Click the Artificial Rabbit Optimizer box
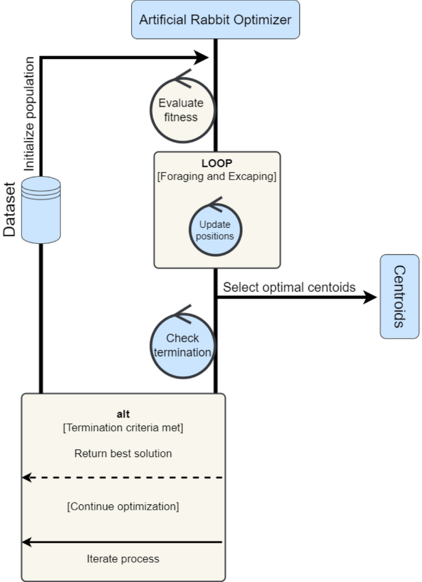click(x=215, y=19)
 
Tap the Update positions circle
click(x=215, y=230)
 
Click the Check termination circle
click(x=182, y=346)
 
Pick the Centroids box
click(x=399, y=296)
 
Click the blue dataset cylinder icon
click(x=41, y=209)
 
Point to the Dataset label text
click(x=10, y=209)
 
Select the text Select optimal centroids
click(x=289, y=287)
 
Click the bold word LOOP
click(x=216, y=164)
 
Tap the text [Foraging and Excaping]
click(x=217, y=177)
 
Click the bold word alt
click(x=123, y=414)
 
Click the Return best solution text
click(x=123, y=453)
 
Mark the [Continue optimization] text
click(x=123, y=506)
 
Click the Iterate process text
click(x=123, y=559)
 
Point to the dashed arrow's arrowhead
click(x=27, y=477)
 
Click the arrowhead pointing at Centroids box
click(x=370, y=297)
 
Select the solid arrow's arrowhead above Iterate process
click(x=27, y=542)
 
